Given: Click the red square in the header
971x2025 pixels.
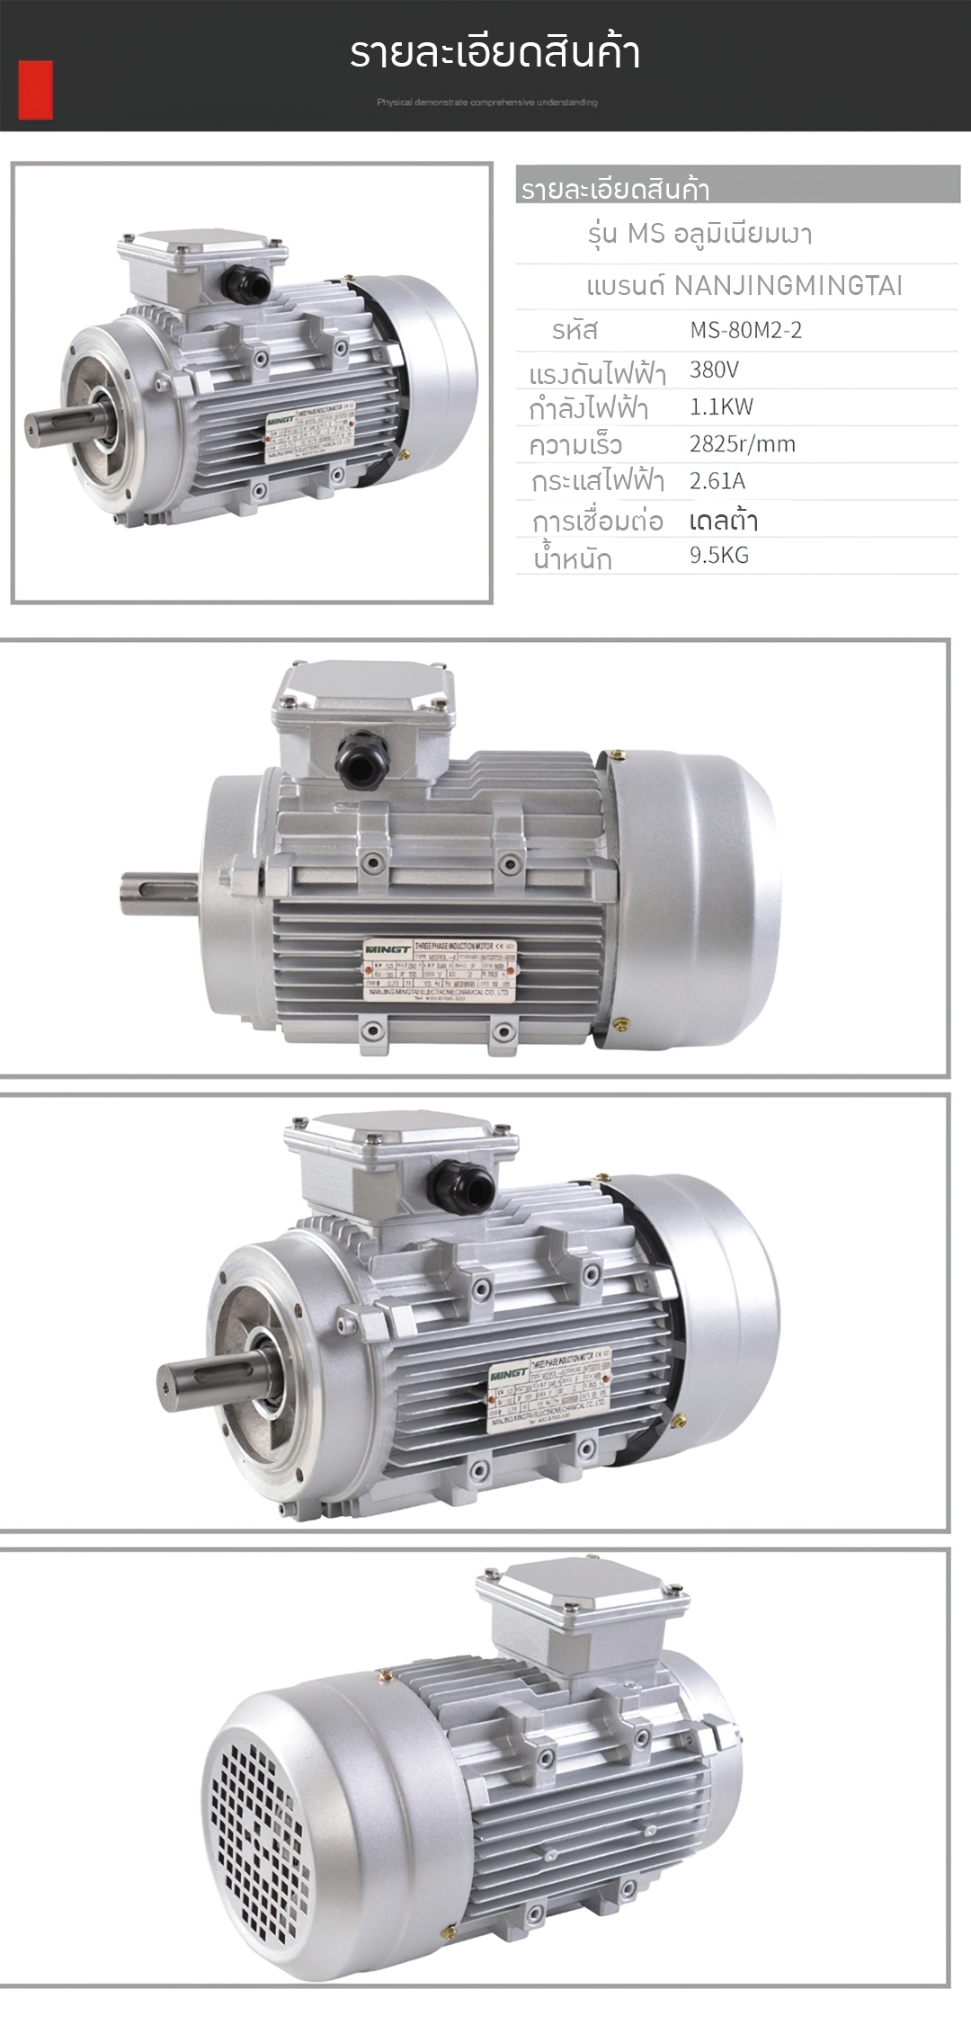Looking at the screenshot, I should coord(35,90).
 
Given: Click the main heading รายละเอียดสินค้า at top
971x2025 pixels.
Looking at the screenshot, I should coord(494,53).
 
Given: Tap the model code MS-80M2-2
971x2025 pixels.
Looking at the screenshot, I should coord(745,330).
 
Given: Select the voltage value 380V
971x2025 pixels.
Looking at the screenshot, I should coord(714,370).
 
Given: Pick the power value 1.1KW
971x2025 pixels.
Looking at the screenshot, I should coord(721,406).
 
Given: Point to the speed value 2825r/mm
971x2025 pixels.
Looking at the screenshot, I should coord(742,443).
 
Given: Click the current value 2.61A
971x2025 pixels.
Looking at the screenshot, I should coord(717,480).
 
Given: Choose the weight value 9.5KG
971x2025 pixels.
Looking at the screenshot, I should coord(718,555).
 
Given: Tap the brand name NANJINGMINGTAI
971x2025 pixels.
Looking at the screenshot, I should coord(788,286).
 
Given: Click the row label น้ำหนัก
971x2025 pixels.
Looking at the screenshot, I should coord(573,558).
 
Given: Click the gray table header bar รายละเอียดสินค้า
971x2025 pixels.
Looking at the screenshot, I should coord(737,185).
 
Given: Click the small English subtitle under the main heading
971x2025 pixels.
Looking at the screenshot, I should coord(486,103).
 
